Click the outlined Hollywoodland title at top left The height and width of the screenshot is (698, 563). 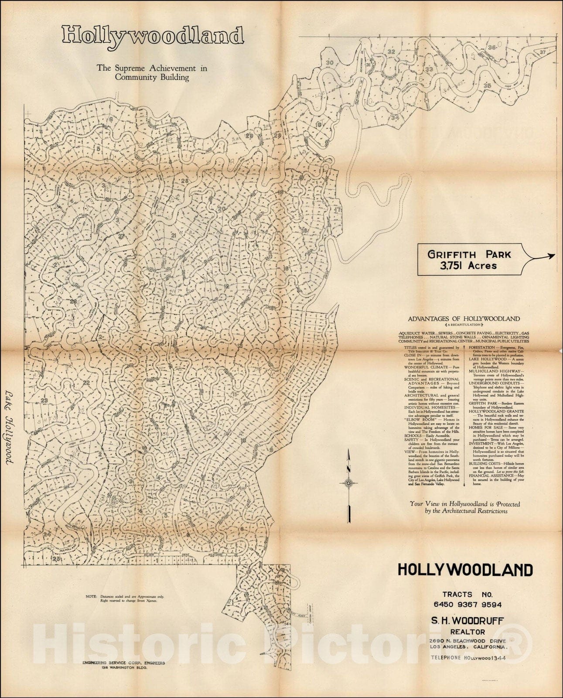click(152, 36)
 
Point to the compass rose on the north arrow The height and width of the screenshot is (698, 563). click(349, 482)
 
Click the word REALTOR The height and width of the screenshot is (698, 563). click(464, 631)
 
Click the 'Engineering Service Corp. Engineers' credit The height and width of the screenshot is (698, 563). click(124, 675)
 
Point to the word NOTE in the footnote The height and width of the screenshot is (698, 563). click(91, 596)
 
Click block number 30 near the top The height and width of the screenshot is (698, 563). click(330, 63)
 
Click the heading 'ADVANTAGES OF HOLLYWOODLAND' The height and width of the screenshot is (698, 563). click(464, 319)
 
